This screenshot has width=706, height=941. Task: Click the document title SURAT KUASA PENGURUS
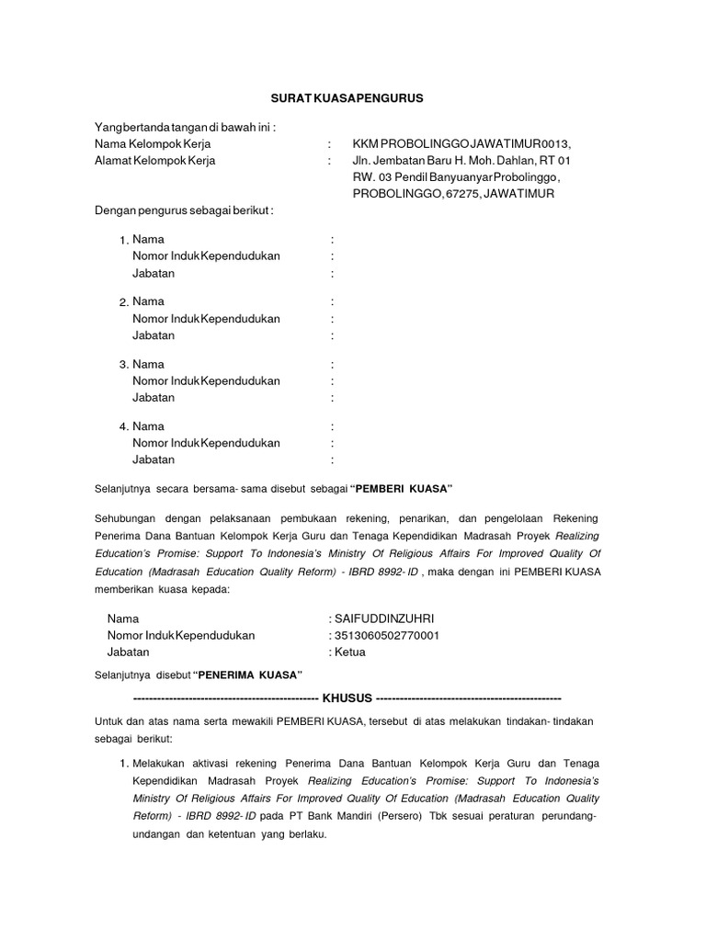(x=352, y=97)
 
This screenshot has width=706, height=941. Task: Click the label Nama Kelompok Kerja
(x=151, y=143)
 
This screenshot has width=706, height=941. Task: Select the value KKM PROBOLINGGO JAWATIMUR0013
(x=461, y=143)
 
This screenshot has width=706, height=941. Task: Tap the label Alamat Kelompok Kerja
(x=154, y=160)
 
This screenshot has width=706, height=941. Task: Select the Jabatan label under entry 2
(x=154, y=335)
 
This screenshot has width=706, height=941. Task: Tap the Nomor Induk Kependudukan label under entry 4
(x=206, y=443)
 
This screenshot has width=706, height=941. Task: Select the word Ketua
(x=349, y=652)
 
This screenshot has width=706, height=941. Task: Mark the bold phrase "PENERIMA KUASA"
(x=248, y=675)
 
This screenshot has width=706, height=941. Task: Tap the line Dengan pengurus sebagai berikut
(x=185, y=210)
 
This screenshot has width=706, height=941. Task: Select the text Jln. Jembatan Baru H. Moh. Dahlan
(x=438, y=160)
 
